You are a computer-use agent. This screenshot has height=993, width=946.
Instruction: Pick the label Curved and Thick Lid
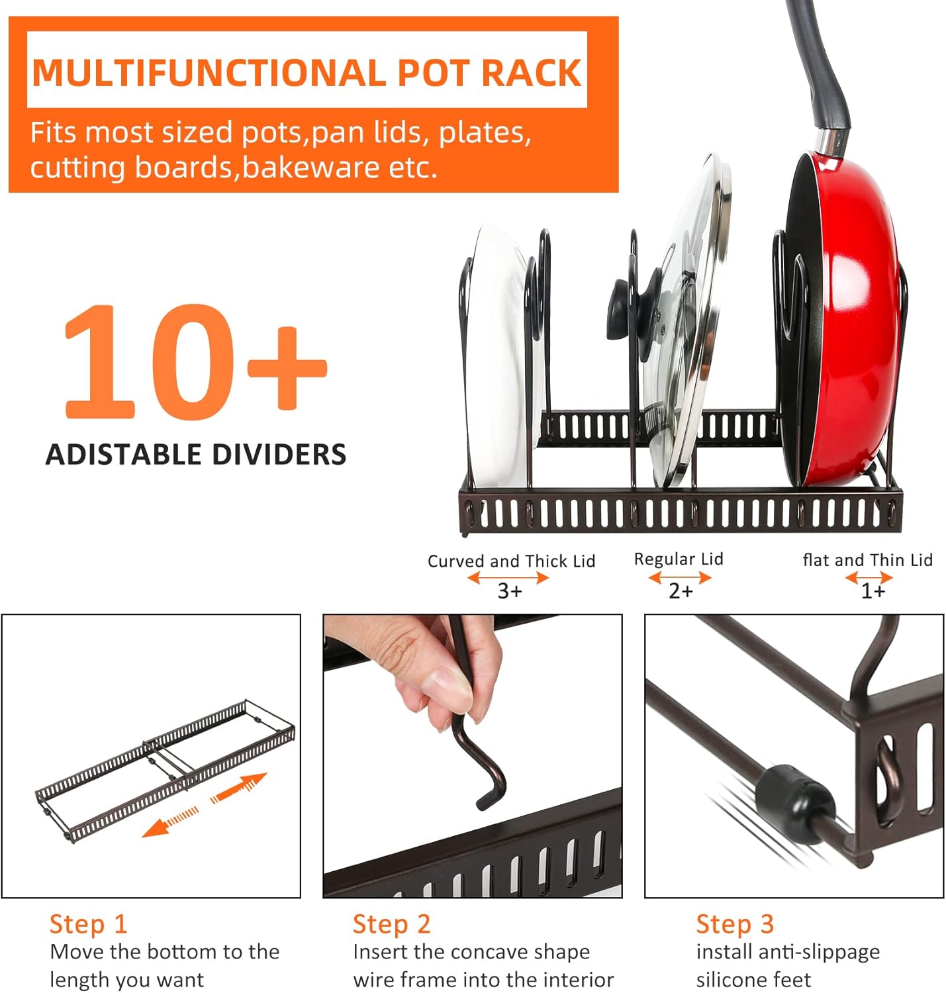pos(511,561)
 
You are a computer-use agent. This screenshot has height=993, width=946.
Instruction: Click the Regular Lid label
pos(679,559)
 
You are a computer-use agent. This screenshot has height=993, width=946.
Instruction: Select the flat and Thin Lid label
pos(867,560)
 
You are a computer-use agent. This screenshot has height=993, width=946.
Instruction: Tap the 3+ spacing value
pos(510,591)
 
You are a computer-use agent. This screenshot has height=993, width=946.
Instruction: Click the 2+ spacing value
pos(681,591)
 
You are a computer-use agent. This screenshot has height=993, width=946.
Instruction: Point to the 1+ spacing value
pos(873,591)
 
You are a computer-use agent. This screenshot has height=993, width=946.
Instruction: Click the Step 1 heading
pos(88,924)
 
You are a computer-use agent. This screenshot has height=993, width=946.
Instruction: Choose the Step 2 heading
pos(391,924)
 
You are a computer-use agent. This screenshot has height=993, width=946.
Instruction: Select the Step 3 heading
pos(735,924)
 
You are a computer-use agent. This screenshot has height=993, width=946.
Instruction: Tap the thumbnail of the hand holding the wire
pos(473,756)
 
